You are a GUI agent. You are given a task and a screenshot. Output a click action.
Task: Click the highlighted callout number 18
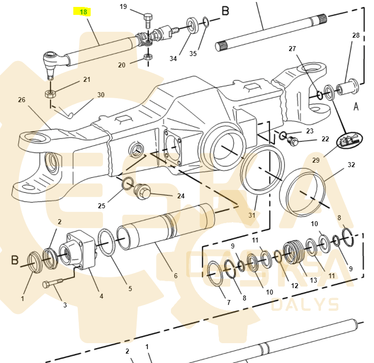83,12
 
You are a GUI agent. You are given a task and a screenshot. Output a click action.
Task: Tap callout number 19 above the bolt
123,6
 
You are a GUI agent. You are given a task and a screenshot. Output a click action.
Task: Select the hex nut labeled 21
51,94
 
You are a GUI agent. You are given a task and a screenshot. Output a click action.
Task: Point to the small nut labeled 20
148,57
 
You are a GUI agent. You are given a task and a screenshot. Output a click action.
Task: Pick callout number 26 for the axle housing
21,100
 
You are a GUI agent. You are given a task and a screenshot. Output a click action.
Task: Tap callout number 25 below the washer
102,206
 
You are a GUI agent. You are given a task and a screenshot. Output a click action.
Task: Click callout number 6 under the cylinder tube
176,276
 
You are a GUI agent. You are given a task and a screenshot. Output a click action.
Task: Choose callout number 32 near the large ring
351,165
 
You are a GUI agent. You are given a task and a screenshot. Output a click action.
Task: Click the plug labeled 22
293,141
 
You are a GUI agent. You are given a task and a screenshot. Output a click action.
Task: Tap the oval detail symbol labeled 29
349,140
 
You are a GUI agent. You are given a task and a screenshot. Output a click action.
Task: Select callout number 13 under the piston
314,280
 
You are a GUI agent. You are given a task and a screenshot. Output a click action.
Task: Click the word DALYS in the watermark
305,304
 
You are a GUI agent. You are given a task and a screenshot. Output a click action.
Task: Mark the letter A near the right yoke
356,107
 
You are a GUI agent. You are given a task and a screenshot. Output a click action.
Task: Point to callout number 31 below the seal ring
252,215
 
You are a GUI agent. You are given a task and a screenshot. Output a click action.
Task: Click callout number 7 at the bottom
229,302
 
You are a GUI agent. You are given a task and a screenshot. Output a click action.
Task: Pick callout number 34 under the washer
173,59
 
